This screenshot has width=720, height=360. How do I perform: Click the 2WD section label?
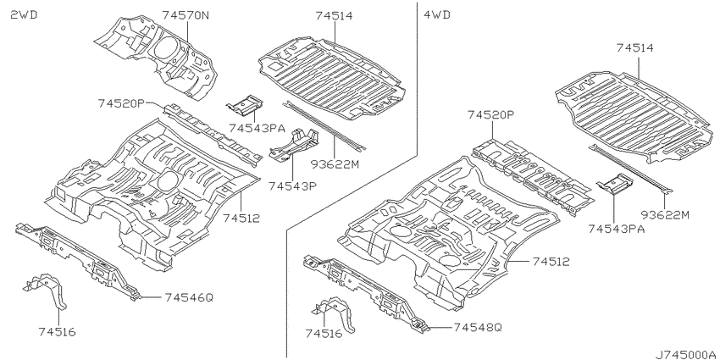[x=24, y=15]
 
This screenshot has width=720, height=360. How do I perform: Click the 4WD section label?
[x=437, y=15]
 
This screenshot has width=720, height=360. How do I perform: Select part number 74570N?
[x=186, y=15]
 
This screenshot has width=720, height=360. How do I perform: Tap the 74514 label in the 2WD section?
[x=334, y=15]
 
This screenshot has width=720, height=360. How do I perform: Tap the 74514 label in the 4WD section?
[x=635, y=47]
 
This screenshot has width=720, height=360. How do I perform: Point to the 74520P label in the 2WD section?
[x=121, y=104]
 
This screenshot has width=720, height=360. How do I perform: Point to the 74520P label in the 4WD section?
[x=490, y=115]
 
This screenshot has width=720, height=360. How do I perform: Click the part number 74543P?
[x=293, y=186]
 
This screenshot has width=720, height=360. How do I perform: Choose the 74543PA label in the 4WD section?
[x=616, y=229]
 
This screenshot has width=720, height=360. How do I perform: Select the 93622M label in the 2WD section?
[x=335, y=163]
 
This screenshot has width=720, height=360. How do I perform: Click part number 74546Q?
[x=189, y=297]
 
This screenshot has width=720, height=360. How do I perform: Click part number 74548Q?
[x=478, y=328]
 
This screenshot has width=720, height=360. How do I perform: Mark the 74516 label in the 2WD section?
[x=57, y=331]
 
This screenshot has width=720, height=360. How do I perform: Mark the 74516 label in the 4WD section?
[x=324, y=334]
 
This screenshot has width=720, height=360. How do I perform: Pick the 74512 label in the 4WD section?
[x=551, y=262]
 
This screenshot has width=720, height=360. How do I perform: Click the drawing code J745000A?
[x=685, y=354]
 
